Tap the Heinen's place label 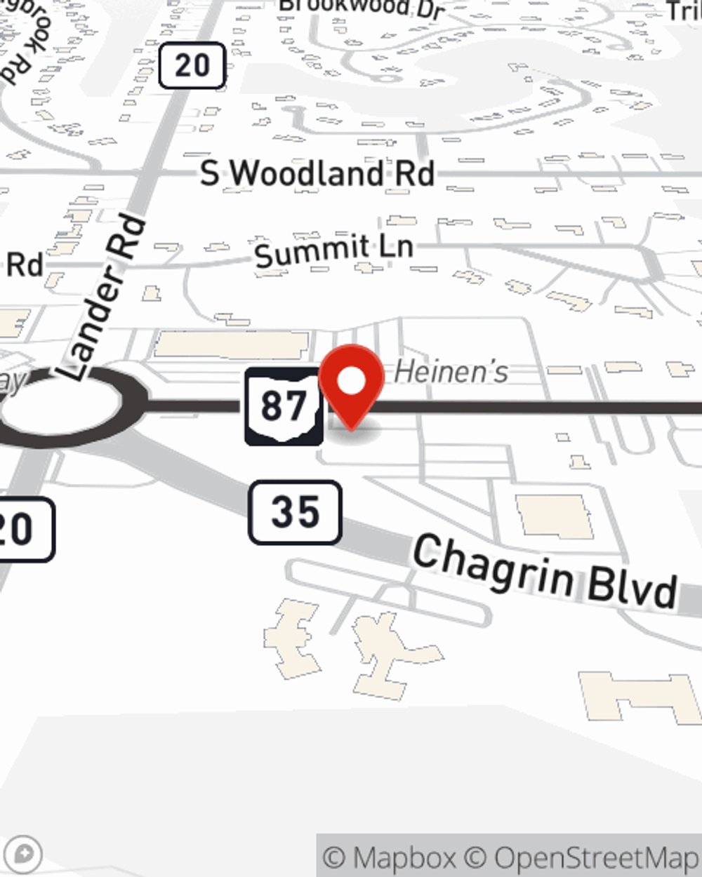[x=451, y=372]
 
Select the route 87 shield [x=284, y=406]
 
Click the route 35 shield [x=295, y=512]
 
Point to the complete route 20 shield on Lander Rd [x=192, y=66]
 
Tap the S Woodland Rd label [x=317, y=173]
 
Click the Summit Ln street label [x=333, y=250]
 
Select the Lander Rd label [x=104, y=298]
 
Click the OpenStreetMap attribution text [x=595, y=857]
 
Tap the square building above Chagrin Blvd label [x=555, y=517]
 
